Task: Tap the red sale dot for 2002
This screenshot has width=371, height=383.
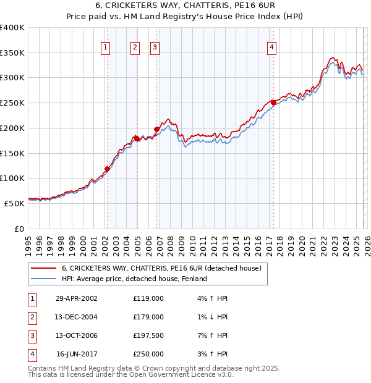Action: tap(107, 168)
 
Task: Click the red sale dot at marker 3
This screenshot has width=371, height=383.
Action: tap(156, 129)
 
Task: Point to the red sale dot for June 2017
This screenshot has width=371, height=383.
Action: tap(273, 103)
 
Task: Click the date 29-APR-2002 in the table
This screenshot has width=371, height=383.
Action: tap(77, 298)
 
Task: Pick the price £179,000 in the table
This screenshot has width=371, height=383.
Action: tap(148, 317)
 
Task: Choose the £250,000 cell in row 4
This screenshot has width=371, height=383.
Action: tap(148, 354)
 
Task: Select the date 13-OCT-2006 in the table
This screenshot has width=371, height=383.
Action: tap(77, 335)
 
